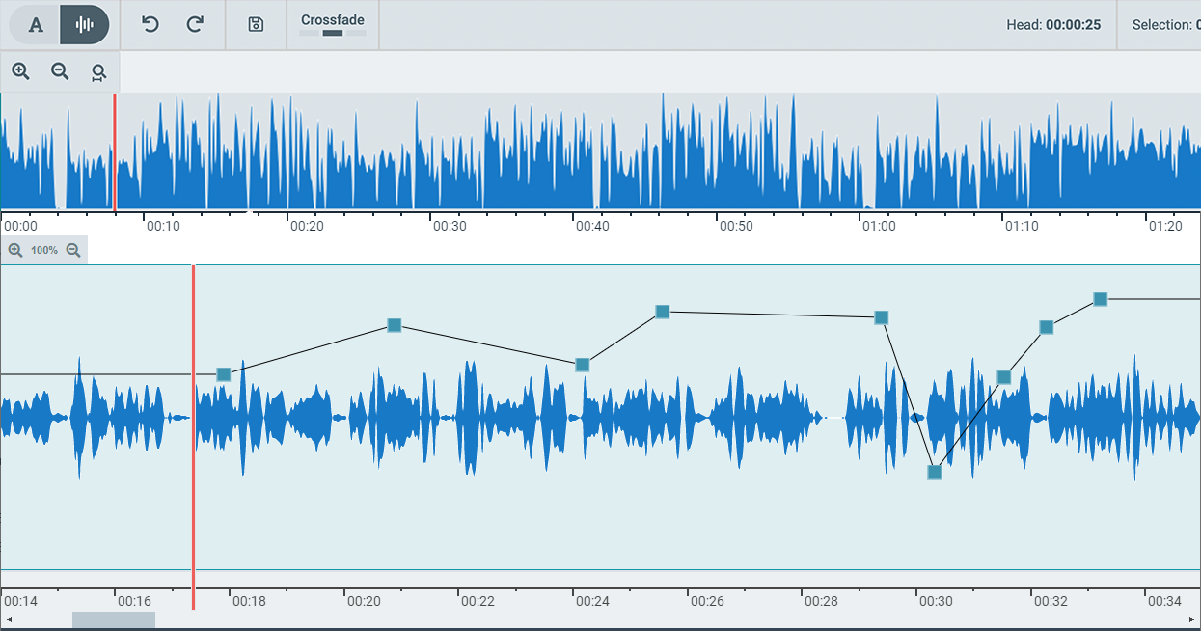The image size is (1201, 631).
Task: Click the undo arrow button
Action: [150, 24]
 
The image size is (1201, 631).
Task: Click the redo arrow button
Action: [195, 24]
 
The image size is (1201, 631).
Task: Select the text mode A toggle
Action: [36, 25]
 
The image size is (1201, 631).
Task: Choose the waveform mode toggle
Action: [84, 25]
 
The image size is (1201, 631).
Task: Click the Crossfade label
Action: [333, 20]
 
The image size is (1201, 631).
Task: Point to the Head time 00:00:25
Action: [1073, 25]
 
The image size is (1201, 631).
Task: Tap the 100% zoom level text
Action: [44, 250]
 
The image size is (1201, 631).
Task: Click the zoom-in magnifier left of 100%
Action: [15, 250]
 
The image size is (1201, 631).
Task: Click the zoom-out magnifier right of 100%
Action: [73, 250]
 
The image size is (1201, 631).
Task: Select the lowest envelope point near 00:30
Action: [934, 472]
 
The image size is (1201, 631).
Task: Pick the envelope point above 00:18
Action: [224, 374]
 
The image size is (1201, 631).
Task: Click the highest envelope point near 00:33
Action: [1100, 299]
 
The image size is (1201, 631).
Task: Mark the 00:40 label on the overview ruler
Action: [592, 226]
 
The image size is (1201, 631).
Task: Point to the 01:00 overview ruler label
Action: [879, 226]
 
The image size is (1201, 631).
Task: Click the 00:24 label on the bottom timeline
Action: [592, 601]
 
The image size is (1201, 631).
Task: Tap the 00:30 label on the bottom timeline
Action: [935, 601]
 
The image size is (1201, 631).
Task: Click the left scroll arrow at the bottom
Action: [9, 619]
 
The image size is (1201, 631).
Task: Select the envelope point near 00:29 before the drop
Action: [881, 317]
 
